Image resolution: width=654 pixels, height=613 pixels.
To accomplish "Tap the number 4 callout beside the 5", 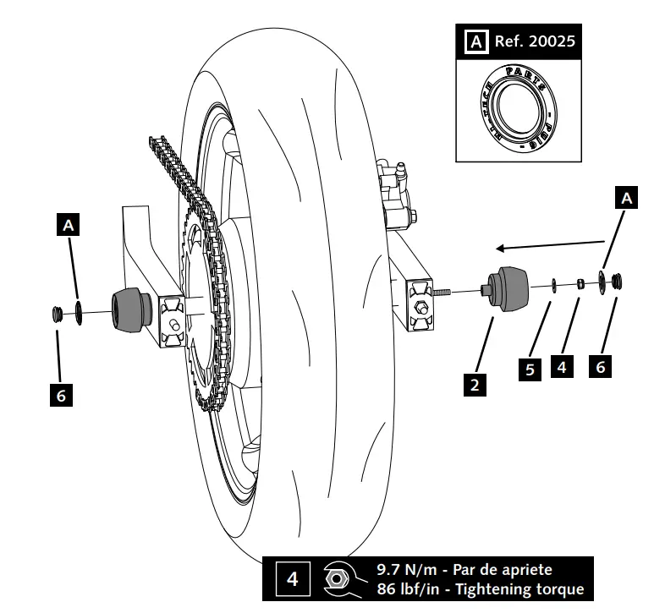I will coord(561,367).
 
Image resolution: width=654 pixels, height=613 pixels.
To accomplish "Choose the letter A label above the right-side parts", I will coord(626,198).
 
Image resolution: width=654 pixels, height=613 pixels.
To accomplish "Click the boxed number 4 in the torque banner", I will coord(292,579).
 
